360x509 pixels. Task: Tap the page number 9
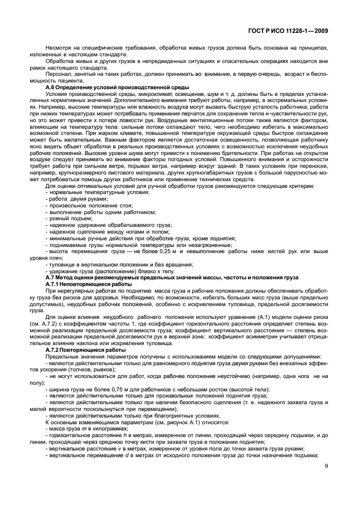coord(325,469)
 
